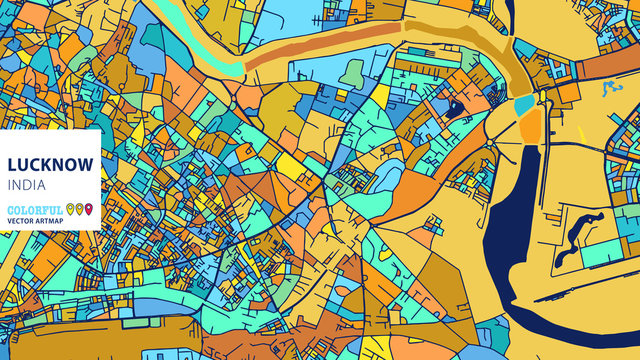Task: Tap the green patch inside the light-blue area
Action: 352,72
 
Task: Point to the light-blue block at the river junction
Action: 524,104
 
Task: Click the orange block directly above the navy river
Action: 530,125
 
